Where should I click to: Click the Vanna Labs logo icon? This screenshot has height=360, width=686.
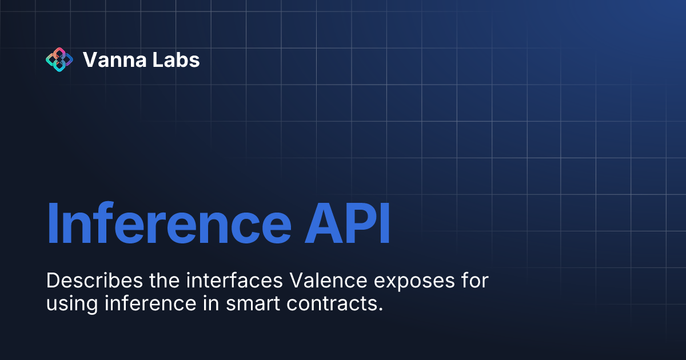(x=59, y=59)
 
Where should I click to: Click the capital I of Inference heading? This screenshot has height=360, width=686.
(x=53, y=223)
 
